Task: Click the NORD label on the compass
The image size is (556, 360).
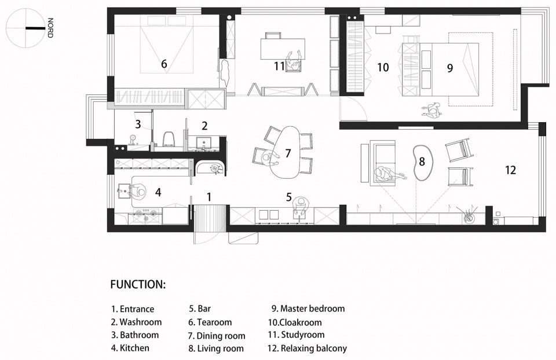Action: click(50, 28)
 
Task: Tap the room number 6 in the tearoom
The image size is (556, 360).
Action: click(164, 64)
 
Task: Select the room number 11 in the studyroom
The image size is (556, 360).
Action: click(280, 66)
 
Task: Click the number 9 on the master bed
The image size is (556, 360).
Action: click(450, 68)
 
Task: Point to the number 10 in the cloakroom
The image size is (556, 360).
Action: click(383, 67)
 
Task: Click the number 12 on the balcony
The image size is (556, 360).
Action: click(511, 170)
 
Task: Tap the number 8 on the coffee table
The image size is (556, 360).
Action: click(422, 161)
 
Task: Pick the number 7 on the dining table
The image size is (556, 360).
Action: click(288, 153)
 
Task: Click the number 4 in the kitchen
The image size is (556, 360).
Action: click(158, 192)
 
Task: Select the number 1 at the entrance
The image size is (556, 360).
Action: click(209, 197)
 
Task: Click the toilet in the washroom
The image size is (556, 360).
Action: click(170, 138)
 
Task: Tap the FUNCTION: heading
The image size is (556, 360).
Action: click(138, 285)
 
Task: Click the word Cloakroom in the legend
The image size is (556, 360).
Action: click(301, 322)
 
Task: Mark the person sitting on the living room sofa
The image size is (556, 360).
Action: click(387, 174)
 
